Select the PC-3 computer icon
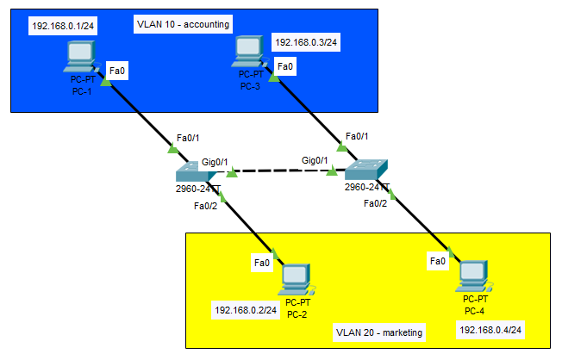coord(249,52)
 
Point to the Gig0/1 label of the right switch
coord(315,160)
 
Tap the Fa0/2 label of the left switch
coord(207,205)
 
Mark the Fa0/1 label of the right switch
coord(357,136)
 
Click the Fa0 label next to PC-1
coord(114,70)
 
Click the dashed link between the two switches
coord(282,171)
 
